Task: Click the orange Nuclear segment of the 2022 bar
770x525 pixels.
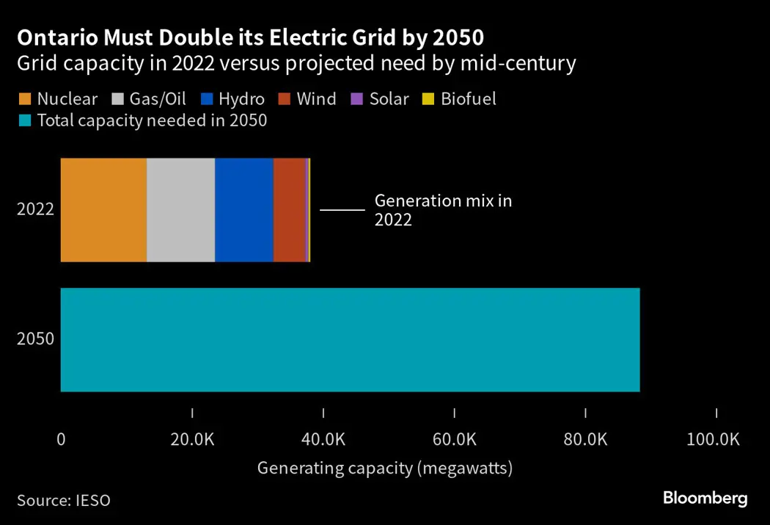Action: coord(103,210)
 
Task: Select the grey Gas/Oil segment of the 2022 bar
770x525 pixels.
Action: coord(180,210)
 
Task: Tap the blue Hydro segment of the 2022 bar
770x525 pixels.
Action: coord(243,210)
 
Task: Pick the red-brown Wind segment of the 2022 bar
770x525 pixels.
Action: coord(289,210)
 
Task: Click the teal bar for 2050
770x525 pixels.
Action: coord(350,340)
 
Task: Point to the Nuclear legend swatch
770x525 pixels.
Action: coord(24,99)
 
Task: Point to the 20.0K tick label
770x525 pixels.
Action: coord(192,440)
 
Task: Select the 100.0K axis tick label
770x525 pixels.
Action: coord(714,440)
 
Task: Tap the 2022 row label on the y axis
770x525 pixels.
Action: coord(36,209)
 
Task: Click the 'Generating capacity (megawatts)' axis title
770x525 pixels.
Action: coord(384,468)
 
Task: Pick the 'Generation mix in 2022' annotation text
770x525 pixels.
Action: coord(443,210)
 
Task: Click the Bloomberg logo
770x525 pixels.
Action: coord(705,499)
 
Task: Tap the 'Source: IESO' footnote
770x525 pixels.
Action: coord(64,501)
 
